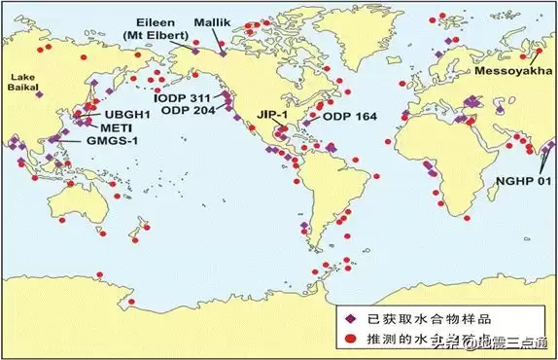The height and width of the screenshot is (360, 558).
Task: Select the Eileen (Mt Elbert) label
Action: [x=167, y=26]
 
